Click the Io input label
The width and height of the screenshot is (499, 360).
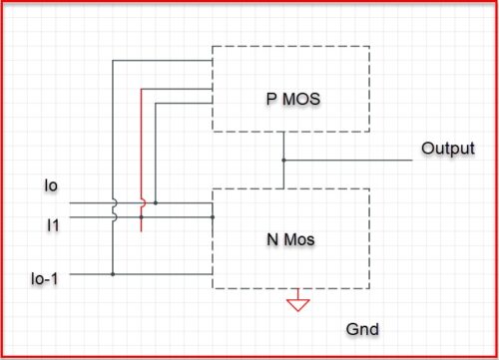tap(52, 185)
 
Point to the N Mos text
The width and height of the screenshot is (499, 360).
tap(288, 239)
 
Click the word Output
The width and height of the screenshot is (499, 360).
tap(447, 149)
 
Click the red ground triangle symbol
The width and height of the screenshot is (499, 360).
tap(296, 303)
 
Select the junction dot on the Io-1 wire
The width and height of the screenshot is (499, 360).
tap(114, 272)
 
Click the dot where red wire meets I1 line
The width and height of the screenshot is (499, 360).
tap(142, 216)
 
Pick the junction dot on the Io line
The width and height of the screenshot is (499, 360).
tap(155, 203)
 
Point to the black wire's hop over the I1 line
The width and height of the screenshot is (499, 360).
tap(114, 215)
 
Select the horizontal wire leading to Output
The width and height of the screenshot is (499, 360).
tap(349, 160)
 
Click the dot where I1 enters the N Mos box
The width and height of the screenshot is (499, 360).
tap(213, 216)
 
